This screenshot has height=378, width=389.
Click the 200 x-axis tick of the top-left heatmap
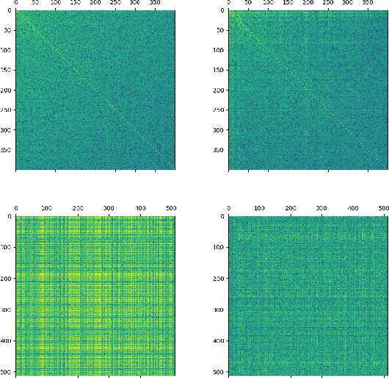tap(96, 3)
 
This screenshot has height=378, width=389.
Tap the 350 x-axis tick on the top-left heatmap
tap(156, 3)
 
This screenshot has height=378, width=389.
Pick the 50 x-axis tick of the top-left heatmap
tap(35, 3)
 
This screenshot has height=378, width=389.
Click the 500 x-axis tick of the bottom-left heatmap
tap(171, 209)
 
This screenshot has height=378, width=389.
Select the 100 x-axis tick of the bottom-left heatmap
tap(46, 209)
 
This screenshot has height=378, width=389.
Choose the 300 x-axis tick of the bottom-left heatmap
tap(109, 209)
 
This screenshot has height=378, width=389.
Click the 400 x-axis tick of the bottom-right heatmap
tap(353, 209)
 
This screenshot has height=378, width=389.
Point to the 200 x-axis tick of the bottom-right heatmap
tap(291, 209)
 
